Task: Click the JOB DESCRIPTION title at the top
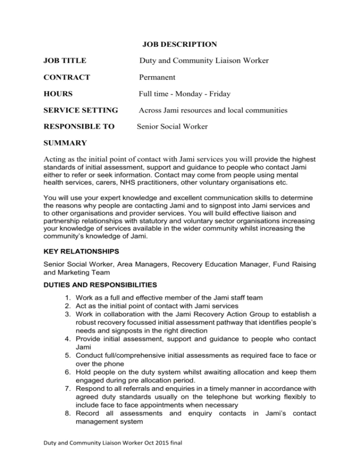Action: pyautogui.click(x=179, y=45)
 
